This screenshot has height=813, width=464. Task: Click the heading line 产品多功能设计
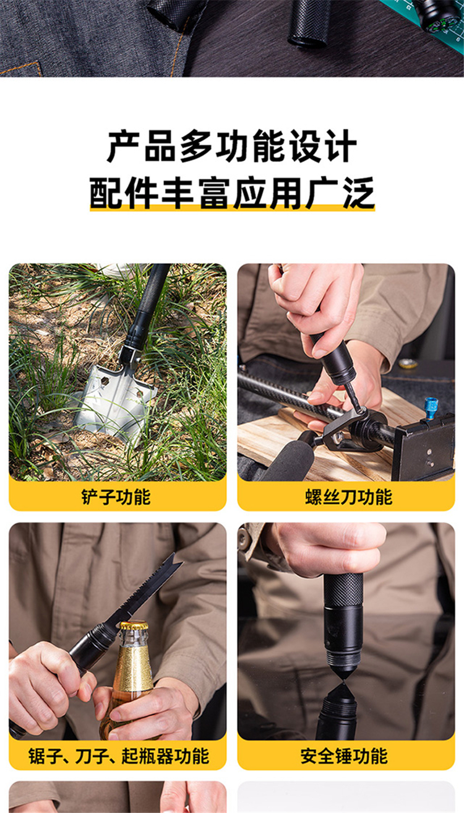click(x=232, y=146)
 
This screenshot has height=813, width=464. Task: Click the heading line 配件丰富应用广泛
click(x=232, y=193)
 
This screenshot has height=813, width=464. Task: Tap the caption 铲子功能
click(x=116, y=497)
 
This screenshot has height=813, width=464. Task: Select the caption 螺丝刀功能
click(x=348, y=497)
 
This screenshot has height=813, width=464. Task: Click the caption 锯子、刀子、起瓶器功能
click(x=119, y=756)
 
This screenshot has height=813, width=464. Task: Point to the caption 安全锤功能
click(x=344, y=756)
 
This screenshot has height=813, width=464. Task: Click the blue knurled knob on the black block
click(x=431, y=409)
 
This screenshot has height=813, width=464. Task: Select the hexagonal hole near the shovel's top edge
click(x=105, y=381)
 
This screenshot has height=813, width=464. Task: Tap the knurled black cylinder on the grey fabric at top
click(x=309, y=22)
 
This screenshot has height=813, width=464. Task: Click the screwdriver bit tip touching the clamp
click(x=360, y=410)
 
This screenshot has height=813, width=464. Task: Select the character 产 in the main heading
click(x=124, y=146)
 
